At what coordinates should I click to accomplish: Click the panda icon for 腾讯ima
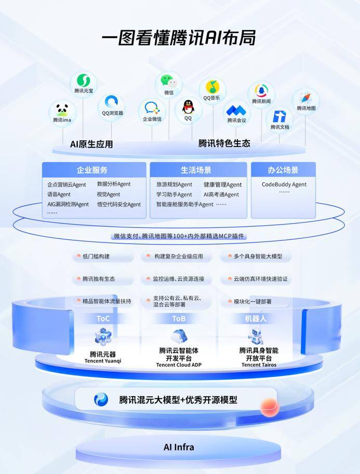pos(62,110)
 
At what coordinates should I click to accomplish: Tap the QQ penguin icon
pos(188,107)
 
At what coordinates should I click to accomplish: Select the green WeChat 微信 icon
pos(168,82)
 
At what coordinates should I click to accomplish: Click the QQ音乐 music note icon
pos(212,87)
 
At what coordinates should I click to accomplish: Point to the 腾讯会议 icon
pos(236,111)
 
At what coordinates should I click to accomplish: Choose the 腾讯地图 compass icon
pos(305,98)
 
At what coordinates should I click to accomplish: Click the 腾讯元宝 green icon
pos(84,80)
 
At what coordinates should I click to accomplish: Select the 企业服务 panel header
pos(94,170)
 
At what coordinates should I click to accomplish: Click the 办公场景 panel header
pos(283,170)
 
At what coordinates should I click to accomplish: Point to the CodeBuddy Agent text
pos(284,184)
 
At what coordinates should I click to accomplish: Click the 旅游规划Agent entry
pos(174,184)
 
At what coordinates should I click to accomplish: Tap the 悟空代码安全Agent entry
pos(119,205)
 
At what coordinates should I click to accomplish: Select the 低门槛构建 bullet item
pos(96,256)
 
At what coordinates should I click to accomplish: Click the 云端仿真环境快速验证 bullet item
pos(260,279)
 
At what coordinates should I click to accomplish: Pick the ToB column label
pos(179,319)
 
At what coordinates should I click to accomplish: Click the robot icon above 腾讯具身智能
pos(256,336)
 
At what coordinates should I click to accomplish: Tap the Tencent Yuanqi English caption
pos(103,361)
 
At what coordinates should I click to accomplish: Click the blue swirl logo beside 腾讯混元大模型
pos(101,399)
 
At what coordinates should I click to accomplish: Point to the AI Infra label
pos(179,447)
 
